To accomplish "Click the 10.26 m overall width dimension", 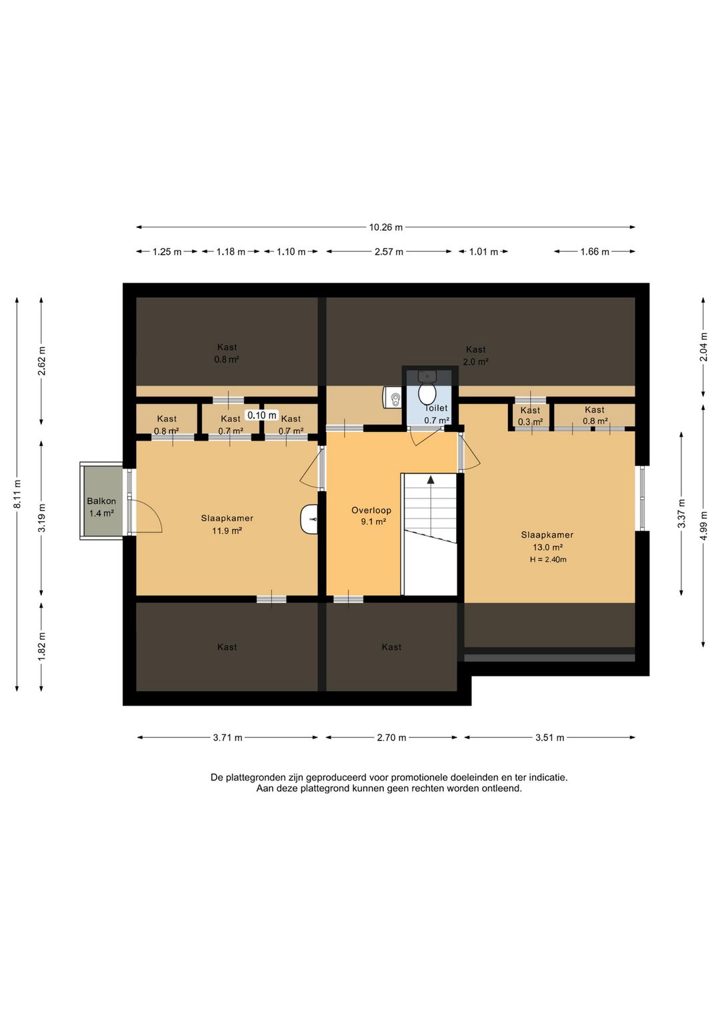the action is [x=385, y=227].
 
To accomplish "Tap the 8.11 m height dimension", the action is [x=17, y=494].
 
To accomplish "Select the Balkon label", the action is [x=101, y=501].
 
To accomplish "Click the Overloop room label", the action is [x=371, y=510].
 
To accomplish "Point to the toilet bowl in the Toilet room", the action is [x=427, y=394].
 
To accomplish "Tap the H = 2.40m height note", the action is [x=548, y=559].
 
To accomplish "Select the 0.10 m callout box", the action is [x=262, y=415].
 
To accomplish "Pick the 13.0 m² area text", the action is [x=548, y=547].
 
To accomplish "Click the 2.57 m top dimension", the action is [x=389, y=251].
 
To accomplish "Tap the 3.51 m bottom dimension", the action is [x=549, y=738].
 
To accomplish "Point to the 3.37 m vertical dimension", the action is [x=681, y=513].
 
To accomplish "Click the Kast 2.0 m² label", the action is [x=475, y=355].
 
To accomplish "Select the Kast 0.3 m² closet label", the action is [x=530, y=416].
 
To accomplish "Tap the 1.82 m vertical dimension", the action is [x=42, y=647].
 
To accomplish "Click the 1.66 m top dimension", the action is [x=595, y=251].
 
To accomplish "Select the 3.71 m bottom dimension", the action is [x=227, y=738].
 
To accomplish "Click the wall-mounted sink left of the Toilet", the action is [x=392, y=398].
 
